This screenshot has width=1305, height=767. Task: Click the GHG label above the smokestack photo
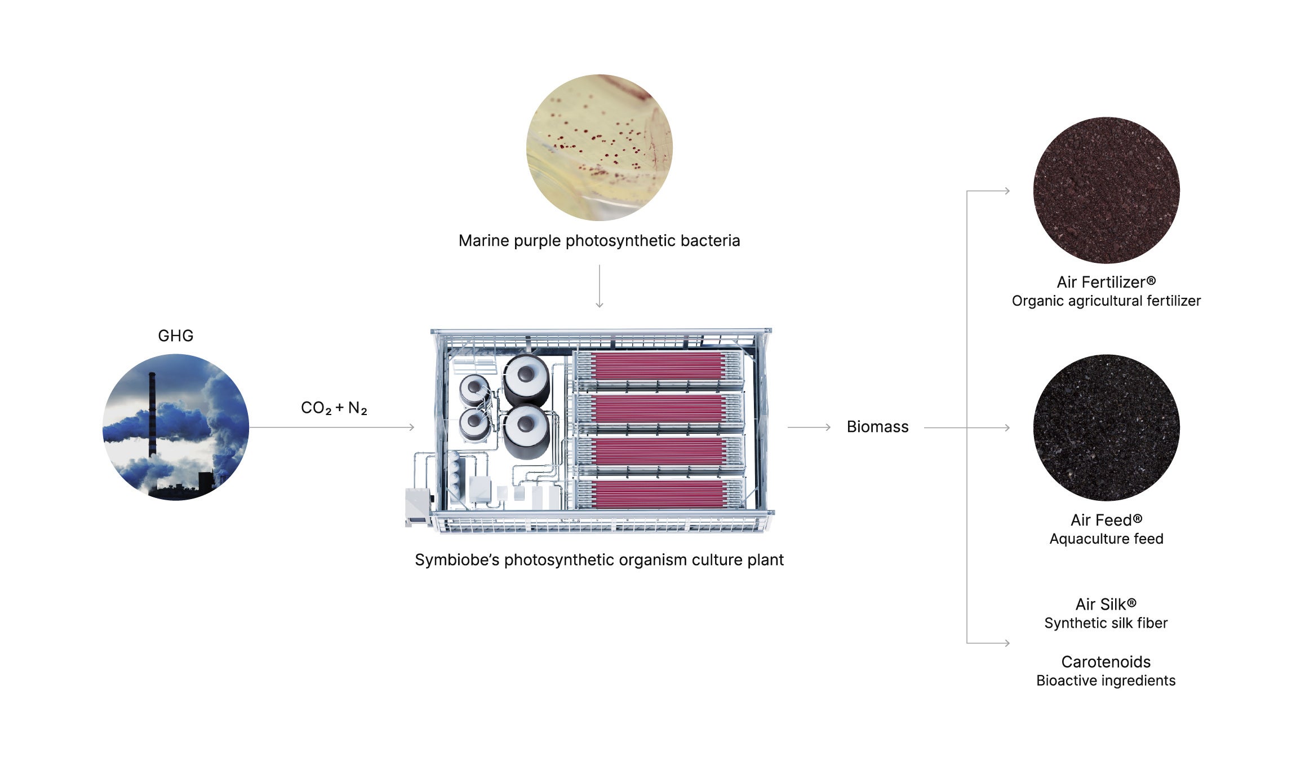click(175, 336)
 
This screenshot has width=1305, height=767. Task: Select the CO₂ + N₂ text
click(334, 408)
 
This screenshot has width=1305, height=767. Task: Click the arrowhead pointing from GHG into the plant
click(411, 427)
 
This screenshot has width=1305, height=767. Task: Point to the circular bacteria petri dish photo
click(599, 148)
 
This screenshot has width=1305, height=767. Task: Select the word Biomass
click(877, 427)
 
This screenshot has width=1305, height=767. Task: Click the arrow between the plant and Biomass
click(809, 427)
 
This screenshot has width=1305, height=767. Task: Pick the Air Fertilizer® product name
click(1106, 282)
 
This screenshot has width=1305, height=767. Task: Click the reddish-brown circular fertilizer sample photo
click(1106, 190)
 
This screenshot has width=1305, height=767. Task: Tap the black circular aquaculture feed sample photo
click(1106, 427)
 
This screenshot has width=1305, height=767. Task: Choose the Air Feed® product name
click(1106, 520)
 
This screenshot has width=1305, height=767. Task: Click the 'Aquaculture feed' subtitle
click(1106, 539)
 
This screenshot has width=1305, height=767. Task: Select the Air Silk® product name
click(1106, 605)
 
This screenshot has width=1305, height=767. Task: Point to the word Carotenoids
click(1106, 662)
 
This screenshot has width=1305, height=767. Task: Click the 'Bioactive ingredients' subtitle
click(1106, 681)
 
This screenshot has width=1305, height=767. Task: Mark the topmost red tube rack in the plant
click(658, 366)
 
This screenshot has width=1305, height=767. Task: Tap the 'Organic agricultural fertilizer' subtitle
click(1106, 301)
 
